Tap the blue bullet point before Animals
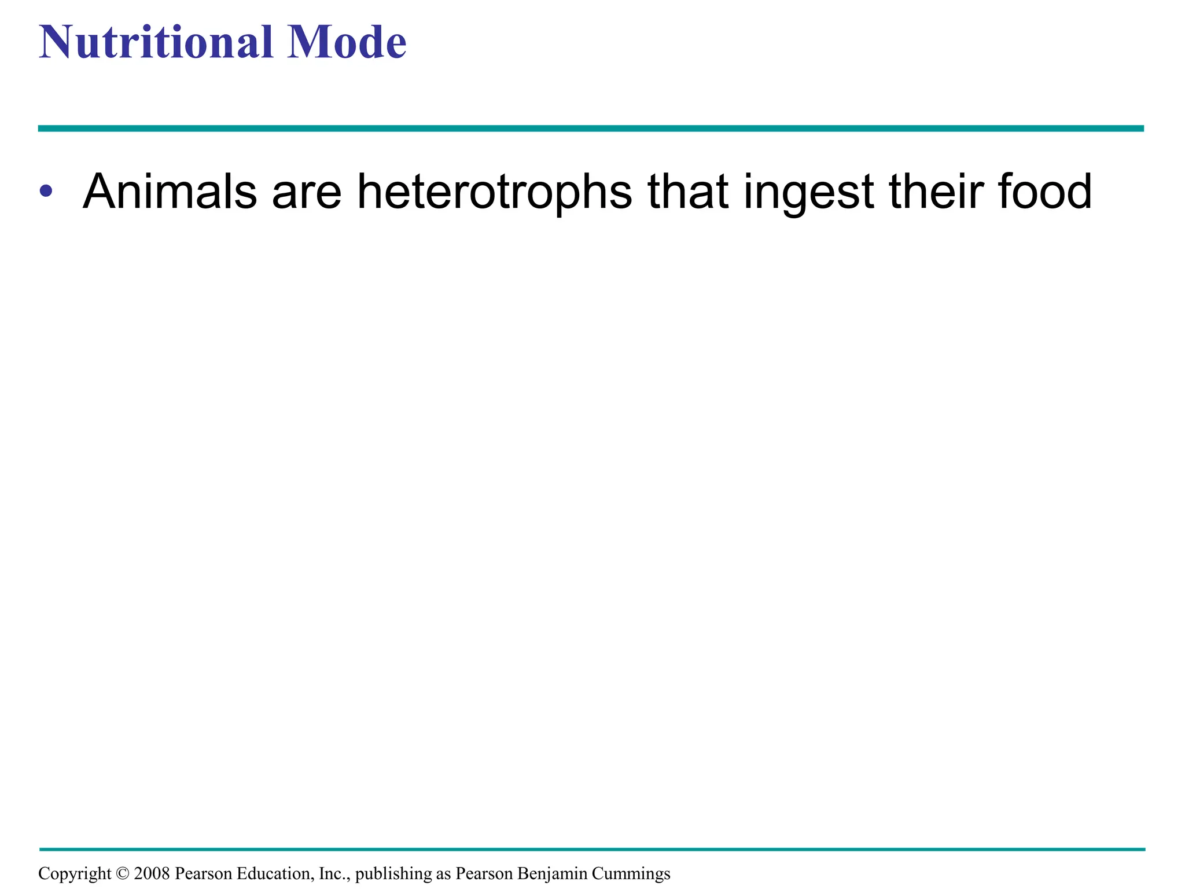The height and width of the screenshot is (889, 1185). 46,190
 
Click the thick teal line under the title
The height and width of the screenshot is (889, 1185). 590,128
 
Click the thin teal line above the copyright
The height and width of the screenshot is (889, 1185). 590,849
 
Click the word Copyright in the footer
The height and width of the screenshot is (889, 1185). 75,874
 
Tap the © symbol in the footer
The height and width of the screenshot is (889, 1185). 122,873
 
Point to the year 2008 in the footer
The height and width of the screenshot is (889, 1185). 152,873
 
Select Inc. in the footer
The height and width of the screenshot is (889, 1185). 334,873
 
